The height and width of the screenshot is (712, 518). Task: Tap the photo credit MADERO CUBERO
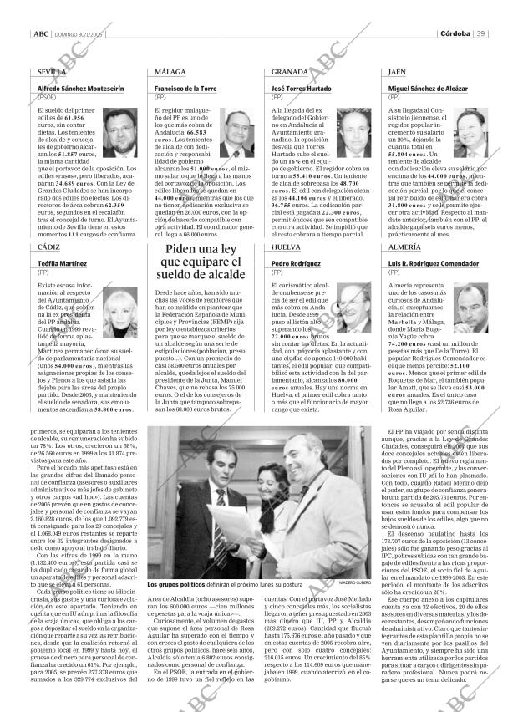pyautogui.click(x=350, y=584)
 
